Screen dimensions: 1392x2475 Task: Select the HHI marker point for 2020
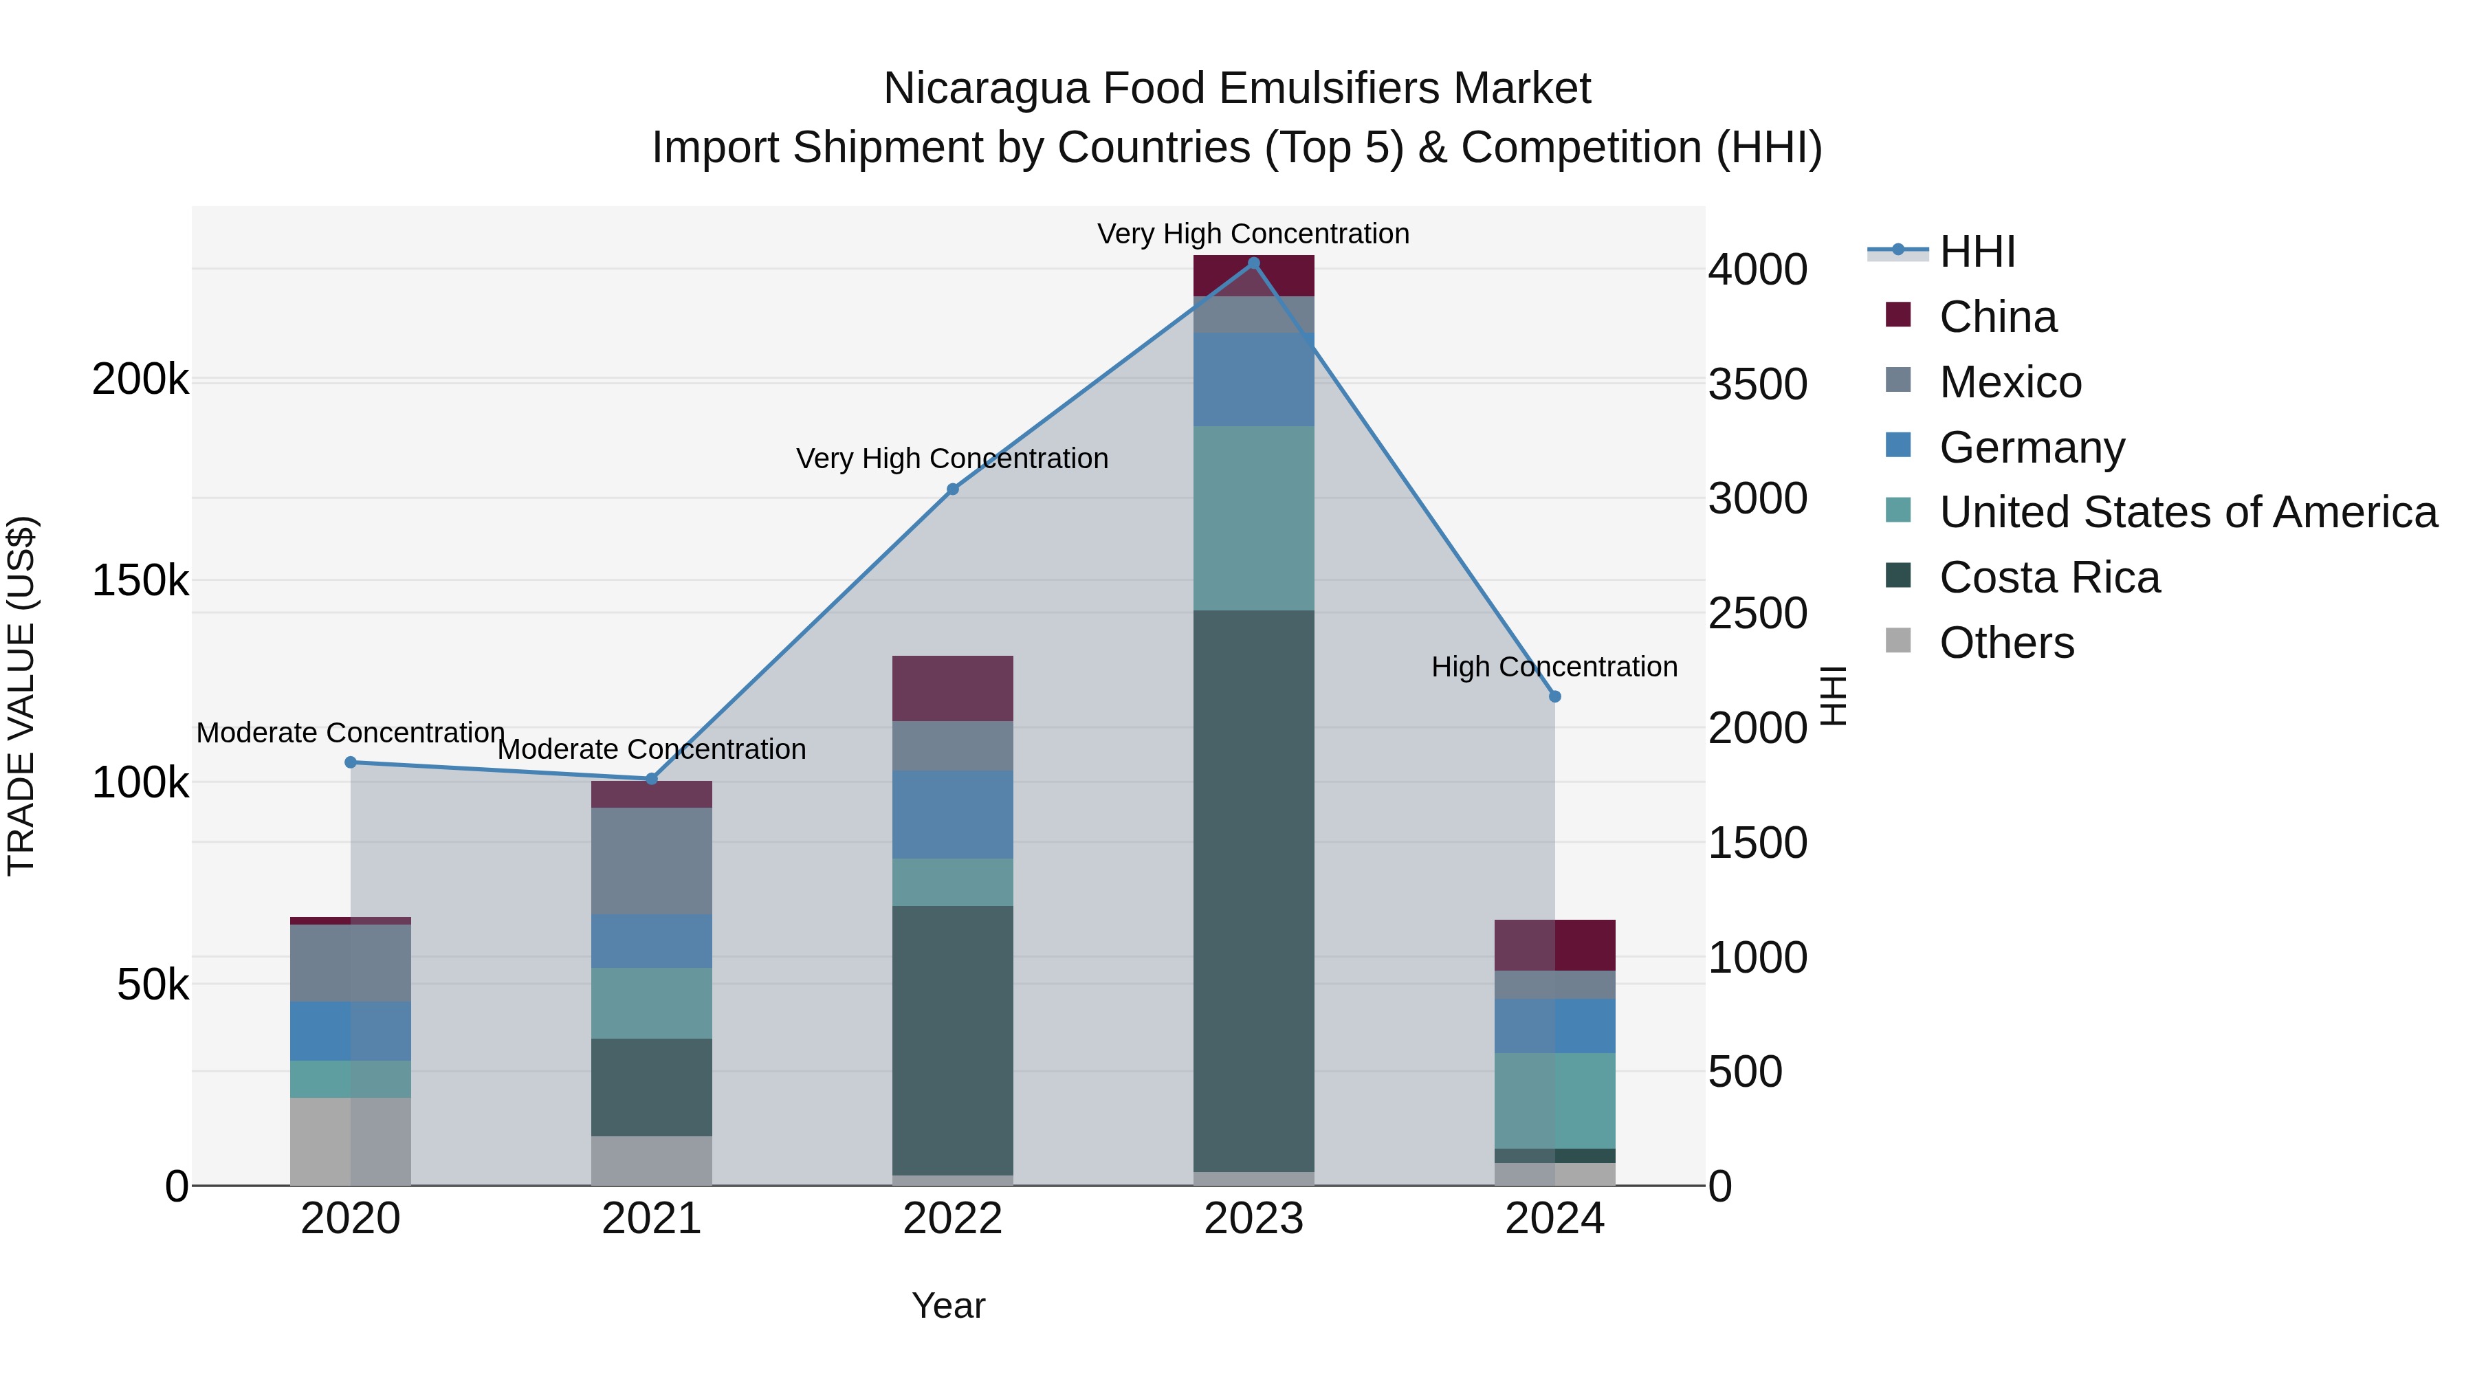(351, 763)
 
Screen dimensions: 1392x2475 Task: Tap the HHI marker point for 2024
(1554, 696)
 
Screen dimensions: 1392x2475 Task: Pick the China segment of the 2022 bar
(952, 688)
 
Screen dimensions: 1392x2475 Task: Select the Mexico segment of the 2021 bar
(652, 861)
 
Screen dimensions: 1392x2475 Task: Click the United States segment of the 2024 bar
(1554, 1101)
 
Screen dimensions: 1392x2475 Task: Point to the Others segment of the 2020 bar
(351, 1141)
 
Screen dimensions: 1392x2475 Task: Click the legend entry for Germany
(2031, 448)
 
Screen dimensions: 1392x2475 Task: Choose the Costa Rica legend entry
(2049, 578)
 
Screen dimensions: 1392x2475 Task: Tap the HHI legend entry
(1977, 252)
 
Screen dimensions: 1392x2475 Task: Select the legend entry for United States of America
(2187, 513)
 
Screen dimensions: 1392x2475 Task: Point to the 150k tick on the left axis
(140, 581)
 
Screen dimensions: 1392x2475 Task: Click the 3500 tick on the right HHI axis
(1757, 384)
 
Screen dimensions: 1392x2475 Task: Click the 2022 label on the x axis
(952, 1219)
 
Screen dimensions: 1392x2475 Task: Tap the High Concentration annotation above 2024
(1554, 667)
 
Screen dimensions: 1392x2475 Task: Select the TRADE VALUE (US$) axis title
(21, 696)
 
